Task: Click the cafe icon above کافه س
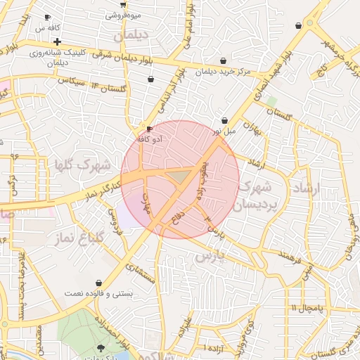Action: (x=47, y=17)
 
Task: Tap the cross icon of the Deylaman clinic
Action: (x=57, y=41)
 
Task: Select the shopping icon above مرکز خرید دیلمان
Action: (x=223, y=60)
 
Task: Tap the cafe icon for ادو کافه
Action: (x=149, y=129)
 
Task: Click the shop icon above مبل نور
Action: (x=224, y=120)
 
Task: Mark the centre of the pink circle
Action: (x=180, y=179)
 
